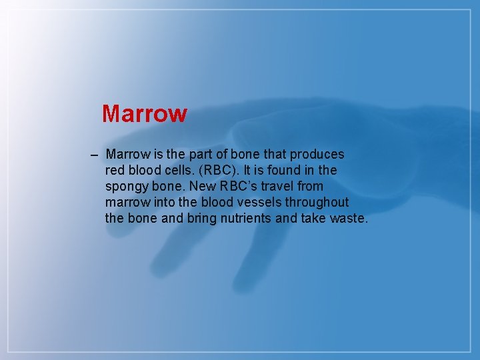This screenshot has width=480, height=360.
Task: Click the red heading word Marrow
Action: click(145, 113)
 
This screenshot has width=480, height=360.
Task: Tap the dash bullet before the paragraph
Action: click(93, 155)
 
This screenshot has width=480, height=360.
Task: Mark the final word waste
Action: click(349, 218)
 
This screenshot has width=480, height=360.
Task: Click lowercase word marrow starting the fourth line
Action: click(127, 202)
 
